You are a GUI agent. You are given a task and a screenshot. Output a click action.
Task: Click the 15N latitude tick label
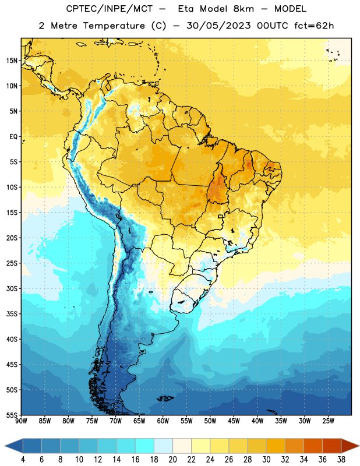point(12,61)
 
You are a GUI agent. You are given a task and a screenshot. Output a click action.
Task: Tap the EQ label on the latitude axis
point(13,137)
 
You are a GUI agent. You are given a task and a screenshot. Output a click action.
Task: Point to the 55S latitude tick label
point(12,415)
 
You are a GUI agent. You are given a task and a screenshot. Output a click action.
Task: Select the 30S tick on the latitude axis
point(12,288)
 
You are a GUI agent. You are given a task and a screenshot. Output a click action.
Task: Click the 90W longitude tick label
point(21,421)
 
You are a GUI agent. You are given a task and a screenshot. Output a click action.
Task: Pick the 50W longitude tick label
point(210,421)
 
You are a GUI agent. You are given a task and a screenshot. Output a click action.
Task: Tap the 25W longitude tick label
point(328,421)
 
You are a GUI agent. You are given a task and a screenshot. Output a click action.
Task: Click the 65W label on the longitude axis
point(139,421)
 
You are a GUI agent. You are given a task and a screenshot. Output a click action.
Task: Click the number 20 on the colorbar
point(172,460)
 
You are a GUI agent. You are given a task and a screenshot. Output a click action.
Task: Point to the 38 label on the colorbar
point(341,460)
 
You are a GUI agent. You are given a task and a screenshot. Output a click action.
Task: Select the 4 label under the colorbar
point(23,460)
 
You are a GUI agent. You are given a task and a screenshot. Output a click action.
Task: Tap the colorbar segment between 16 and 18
point(145,446)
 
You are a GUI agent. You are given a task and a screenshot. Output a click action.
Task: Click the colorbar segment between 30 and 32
point(276,446)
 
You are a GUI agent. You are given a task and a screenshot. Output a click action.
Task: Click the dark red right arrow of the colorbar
point(350,446)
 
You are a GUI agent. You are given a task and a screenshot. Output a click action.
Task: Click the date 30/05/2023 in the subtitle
point(218,26)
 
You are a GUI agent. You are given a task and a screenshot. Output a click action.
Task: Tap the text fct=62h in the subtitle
point(314,26)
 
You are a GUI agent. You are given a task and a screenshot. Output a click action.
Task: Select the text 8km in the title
point(243,9)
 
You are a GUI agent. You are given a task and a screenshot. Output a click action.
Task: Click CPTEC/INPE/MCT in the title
point(110,9)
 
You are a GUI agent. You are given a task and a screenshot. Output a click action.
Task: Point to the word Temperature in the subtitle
point(114,26)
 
